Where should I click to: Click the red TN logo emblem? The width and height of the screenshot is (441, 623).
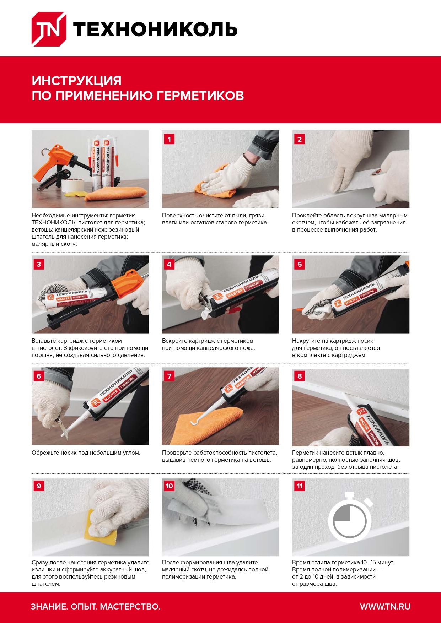point(49,29)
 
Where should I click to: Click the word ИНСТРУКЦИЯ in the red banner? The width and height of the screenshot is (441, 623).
point(76,81)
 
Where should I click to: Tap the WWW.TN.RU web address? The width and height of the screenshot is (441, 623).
point(385,606)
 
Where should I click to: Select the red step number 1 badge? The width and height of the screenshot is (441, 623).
point(169,139)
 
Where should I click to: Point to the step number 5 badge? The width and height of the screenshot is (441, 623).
point(300,264)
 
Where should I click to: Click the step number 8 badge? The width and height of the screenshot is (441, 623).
point(300,376)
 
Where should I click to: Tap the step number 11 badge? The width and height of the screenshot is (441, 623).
point(300,486)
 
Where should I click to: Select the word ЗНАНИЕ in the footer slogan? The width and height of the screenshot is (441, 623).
point(48,606)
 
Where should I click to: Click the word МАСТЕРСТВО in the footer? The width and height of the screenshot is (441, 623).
point(130,606)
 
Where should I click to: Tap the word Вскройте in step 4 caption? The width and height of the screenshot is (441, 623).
point(174,341)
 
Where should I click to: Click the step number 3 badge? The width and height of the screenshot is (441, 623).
point(39,264)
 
